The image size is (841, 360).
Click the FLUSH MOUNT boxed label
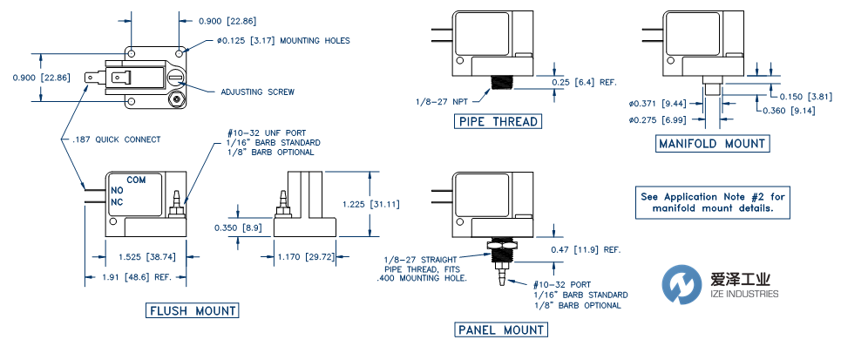point(193,310)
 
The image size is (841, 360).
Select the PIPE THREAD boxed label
point(497,121)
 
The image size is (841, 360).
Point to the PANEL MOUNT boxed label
point(500,329)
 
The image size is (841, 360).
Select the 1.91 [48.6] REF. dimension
point(135,276)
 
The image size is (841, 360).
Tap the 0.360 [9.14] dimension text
point(790,111)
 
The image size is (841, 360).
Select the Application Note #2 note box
point(713,202)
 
